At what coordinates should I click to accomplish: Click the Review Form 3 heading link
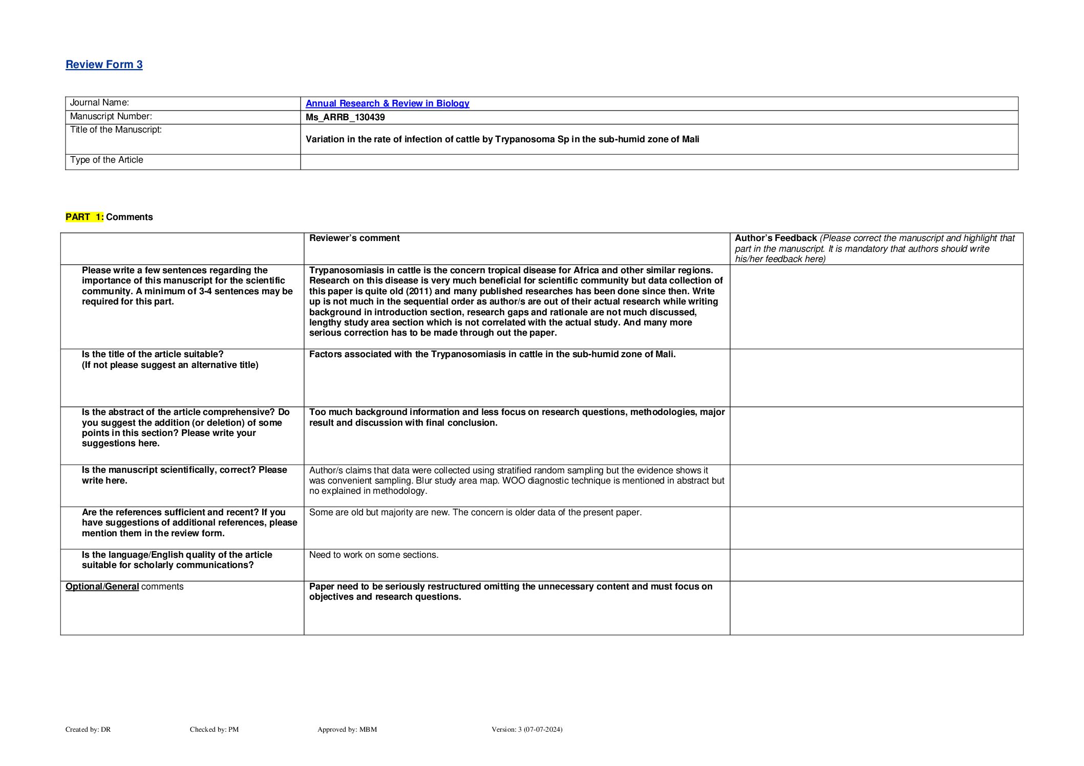[104, 64]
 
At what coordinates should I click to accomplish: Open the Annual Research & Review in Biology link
[387, 103]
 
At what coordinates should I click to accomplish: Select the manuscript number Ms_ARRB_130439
[345, 117]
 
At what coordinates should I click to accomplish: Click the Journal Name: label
[99, 103]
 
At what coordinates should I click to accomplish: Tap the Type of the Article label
[107, 160]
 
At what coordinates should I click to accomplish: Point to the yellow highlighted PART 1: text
[84, 217]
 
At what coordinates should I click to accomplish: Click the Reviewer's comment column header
[354, 238]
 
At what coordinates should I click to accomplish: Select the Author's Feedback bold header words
[775, 238]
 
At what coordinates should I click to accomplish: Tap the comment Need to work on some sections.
[374, 555]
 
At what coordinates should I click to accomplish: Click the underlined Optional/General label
[102, 587]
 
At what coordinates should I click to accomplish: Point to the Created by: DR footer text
[88, 730]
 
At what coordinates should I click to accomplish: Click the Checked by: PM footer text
[214, 730]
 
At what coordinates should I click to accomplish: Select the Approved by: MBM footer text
[347, 730]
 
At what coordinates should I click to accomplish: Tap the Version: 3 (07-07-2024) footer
[527, 730]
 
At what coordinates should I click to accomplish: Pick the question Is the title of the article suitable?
[153, 355]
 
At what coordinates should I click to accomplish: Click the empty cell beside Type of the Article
[658, 162]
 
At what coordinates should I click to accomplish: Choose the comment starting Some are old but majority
[475, 513]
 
